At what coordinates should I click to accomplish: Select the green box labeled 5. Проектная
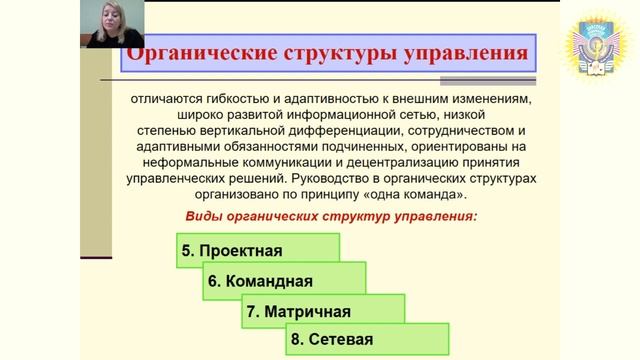point(258,249)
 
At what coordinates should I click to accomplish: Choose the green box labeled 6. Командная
point(285,280)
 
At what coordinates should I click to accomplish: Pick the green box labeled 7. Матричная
point(323,310)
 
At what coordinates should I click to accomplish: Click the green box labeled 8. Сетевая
point(366,340)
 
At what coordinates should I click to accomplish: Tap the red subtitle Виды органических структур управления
point(332,216)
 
